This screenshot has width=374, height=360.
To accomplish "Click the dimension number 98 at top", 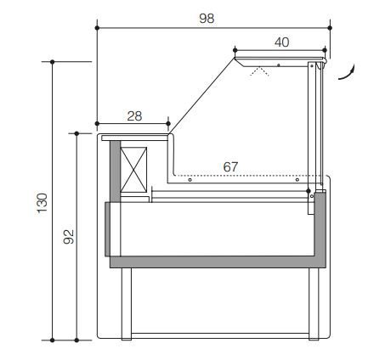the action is (207, 19).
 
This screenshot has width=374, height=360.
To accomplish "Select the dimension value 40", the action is (281, 42).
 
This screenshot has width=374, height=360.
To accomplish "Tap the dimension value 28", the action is (134, 116).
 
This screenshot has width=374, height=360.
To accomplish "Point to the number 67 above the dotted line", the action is (230, 167).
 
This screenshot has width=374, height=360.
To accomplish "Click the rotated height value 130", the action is (42, 203).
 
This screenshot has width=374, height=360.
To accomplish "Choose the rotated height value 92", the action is (69, 237).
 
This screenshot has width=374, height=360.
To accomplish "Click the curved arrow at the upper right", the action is (347, 72).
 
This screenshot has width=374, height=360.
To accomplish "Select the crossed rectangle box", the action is (133, 170).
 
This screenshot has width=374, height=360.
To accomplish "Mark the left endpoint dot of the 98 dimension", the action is (97, 28).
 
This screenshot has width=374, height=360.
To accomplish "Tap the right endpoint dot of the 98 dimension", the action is (330, 28).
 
